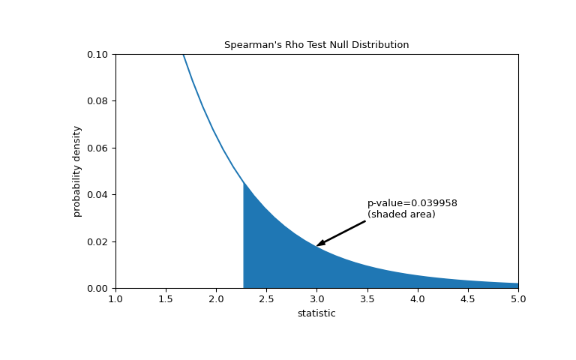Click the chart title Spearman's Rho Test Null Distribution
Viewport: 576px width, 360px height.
click(316, 45)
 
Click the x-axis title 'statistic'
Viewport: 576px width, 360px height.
click(316, 313)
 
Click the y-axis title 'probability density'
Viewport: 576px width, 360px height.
click(77, 171)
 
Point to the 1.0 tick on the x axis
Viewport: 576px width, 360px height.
click(115, 299)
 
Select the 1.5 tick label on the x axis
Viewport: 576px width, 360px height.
click(166, 299)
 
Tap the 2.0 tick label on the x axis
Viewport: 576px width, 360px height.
click(216, 299)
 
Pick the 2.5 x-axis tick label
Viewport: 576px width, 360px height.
click(266, 299)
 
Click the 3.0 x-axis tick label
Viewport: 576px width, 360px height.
click(316, 299)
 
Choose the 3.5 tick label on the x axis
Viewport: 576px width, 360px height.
click(367, 299)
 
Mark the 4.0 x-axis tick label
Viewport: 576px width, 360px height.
click(417, 299)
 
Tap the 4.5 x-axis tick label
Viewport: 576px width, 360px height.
click(467, 299)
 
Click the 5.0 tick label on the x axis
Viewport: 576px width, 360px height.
click(517, 299)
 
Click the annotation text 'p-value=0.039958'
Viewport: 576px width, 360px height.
click(412, 203)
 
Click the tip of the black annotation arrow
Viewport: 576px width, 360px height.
click(317, 245)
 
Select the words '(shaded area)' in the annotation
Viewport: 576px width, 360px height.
click(401, 214)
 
